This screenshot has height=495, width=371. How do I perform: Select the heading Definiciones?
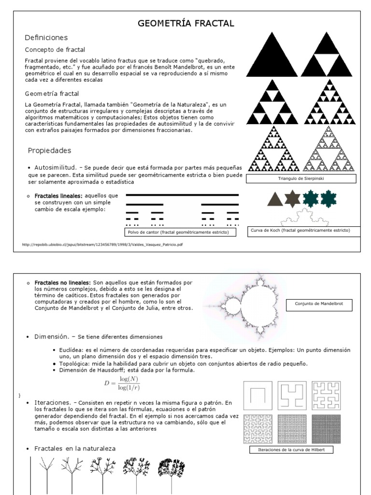click(x=46, y=37)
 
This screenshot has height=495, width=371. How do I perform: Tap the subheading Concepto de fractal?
click(x=55, y=49)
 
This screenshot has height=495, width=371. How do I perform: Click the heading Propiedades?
click(x=49, y=150)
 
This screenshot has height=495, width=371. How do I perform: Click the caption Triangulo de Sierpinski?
click(x=301, y=178)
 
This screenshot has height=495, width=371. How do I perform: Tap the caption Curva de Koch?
click(x=300, y=231)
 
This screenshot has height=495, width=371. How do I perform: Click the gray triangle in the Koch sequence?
click(x=275, y=199)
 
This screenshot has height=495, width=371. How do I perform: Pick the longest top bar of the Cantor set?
click(x=182, y=195)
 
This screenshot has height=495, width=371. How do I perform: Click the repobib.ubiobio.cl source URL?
click(x=102, y=245)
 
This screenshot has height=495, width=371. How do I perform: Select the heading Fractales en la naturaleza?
click(x=75, y=449)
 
